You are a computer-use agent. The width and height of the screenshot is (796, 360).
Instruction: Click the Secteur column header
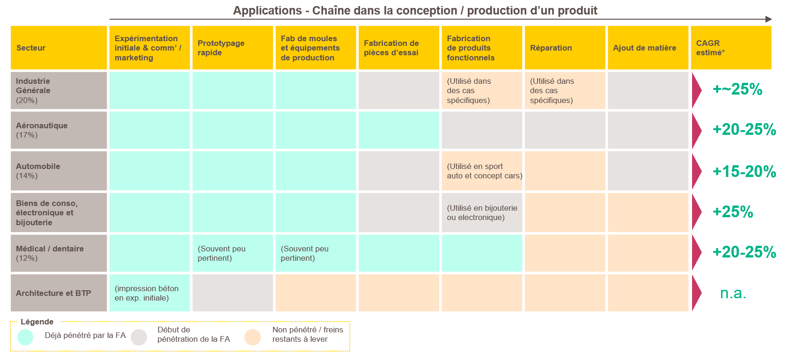click(59, 48)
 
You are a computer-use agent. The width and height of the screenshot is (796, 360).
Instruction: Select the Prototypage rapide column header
click(233, 48)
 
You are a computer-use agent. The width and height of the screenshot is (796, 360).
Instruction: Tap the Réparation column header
click(565, 48)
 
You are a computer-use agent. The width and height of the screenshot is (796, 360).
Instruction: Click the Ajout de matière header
click(648, 48)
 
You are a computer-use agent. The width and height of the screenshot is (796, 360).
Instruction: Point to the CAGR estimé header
click(731, 48)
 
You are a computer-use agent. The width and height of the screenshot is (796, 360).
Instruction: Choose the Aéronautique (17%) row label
click(59, 130)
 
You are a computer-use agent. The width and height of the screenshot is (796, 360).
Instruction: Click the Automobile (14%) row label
click(59, 171)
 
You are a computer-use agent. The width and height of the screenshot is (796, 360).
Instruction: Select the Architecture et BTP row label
click(59, 293)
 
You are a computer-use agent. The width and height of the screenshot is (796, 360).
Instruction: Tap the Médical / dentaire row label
click(59, 253)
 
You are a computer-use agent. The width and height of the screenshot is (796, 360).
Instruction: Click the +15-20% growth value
click(744, 172)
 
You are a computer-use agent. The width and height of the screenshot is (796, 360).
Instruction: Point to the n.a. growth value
click(733, 293)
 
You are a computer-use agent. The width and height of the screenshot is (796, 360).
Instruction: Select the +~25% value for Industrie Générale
click(737, 89)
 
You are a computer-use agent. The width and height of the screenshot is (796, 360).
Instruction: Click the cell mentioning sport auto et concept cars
click(482, 171)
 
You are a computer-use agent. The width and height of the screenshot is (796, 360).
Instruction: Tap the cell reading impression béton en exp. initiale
click(150, 293)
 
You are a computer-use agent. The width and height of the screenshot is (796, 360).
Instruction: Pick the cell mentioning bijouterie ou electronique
click(482, 213)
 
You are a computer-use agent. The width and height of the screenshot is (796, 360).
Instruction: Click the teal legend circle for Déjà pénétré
click(25, 337)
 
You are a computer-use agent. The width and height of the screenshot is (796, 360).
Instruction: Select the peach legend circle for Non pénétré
click(253, 337)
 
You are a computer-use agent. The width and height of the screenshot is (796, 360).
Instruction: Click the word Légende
click(37, 322)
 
